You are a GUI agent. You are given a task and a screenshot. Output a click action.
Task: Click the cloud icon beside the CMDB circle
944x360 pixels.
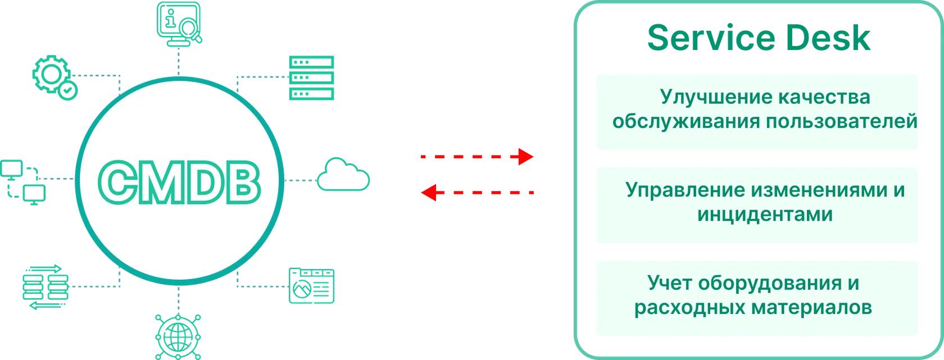pos(343,175)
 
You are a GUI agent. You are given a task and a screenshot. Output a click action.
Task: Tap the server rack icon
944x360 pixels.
pos(311,78)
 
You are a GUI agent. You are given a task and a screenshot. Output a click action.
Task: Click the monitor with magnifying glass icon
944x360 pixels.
pos(179,24)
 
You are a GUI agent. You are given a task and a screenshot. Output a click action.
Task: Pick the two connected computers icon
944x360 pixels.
pos(22,183)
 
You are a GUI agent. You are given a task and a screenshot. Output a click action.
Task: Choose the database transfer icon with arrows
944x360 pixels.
pos(45,287)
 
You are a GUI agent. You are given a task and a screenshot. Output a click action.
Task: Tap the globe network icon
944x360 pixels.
pos(178,337)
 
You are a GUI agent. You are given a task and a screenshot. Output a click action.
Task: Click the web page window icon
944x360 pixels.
pos(311,286)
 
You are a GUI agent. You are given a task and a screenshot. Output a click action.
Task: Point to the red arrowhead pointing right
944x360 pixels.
pos(526,157)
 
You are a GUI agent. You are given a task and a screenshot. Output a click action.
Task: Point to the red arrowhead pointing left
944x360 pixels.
pos(429,193)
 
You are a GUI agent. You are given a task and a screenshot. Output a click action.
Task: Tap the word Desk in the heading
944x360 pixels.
pos(828,38)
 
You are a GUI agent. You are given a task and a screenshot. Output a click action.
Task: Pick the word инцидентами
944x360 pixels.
pos(765,215)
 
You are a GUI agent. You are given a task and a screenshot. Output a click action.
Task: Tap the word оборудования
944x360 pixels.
pos(770,284)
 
